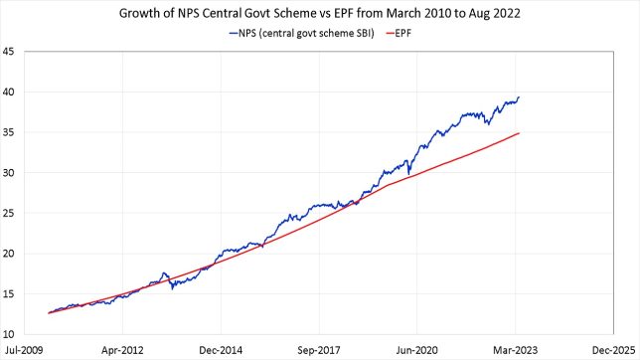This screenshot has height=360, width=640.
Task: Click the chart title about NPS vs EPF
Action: [320, 14]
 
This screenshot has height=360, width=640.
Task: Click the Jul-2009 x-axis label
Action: [24, 350]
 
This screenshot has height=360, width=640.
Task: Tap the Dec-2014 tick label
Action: [220, 350]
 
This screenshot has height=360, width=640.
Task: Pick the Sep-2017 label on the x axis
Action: [318, 350]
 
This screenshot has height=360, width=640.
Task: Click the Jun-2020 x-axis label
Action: [416, 350]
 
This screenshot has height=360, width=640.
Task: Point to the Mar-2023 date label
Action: [515, 350]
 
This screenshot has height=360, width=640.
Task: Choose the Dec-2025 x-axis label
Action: [612, 350]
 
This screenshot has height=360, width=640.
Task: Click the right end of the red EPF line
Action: [519, 133]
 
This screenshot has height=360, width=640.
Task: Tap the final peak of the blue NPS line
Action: [519, 97]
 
